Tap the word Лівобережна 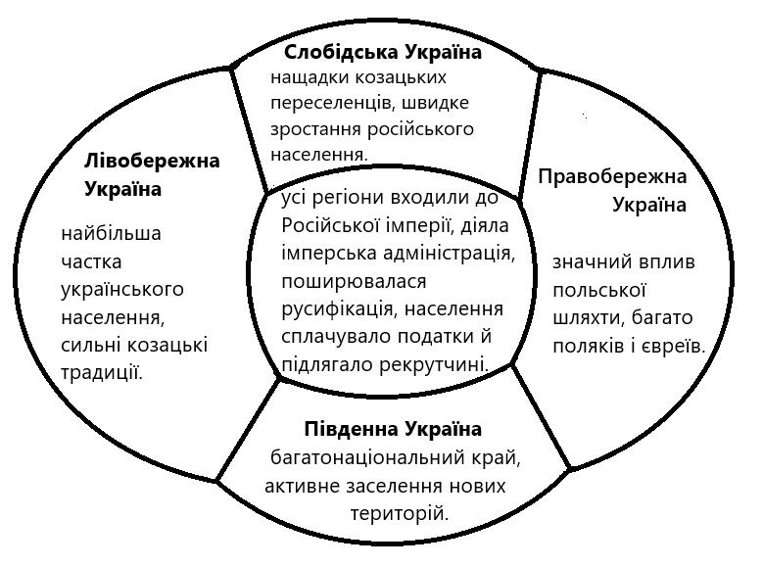tap(153, 160)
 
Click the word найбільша tap(111, 234)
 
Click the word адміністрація tap(452, 253)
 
